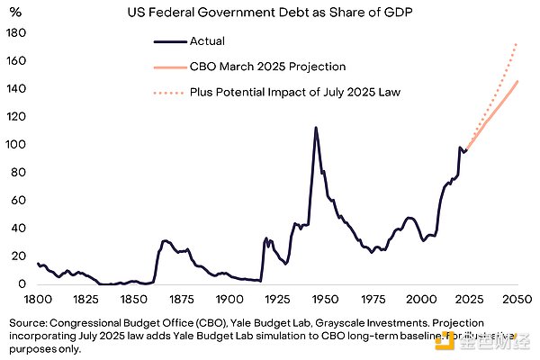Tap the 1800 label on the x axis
click(38, 299)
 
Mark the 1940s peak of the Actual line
click(315, 127)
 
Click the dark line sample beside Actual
click(168, 41)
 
